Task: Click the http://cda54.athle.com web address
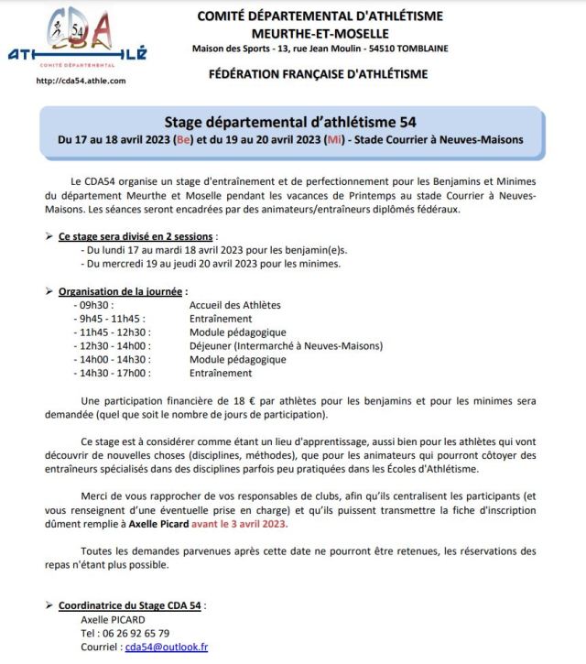(x=80, y=81)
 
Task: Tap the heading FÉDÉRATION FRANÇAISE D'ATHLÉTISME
(x=322, y=74)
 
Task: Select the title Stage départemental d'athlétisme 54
(x=292, y=122)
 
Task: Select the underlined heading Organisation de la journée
(x=116, y=291)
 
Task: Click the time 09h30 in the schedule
(x=95, y=305)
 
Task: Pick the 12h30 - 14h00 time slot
(x=114, y=346)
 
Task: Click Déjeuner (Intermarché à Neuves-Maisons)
(x=286, y=346)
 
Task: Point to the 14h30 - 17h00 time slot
(x=114, y=374)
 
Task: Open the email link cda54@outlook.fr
(x=167, y=647)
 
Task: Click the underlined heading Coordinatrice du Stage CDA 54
(x=131, y=605)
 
